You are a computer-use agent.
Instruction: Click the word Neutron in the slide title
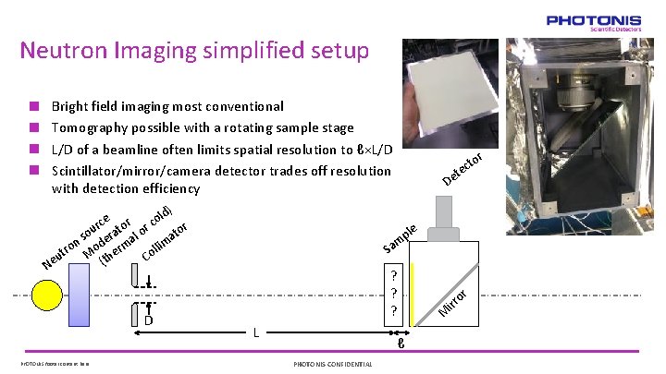tap(64, 50)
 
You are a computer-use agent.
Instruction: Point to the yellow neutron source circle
tap(48, 294)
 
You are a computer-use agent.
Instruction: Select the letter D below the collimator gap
tap(147, 320)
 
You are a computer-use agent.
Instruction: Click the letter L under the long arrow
tap(256, 332)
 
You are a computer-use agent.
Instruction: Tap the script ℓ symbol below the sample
tap(400, 345)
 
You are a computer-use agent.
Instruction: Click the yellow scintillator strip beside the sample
tap(413, 294)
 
